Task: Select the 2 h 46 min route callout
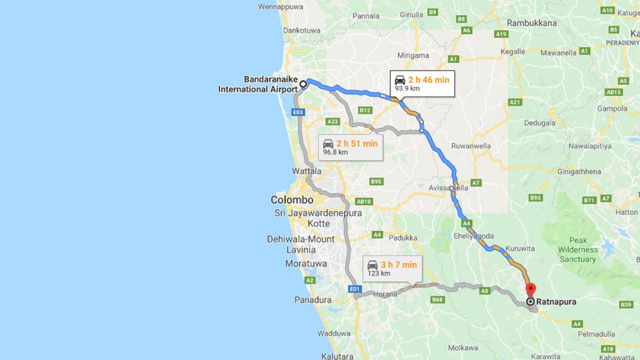click(x=422, y=83)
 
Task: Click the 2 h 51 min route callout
click(x=350, y=147)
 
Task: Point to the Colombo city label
click(x=292, y=200)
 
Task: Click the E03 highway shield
click(x=298, y=112)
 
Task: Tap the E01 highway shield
click(x=354, y=289)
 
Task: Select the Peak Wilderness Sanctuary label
click(x=577, y=249)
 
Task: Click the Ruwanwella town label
click(x=470, y=146)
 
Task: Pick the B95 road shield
click(x=376, y=181)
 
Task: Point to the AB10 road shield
click(x=364, y=201)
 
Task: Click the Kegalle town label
click(x=512, y=51)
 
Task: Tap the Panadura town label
click(x=313, y=300)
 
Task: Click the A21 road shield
click(x=515, y=102)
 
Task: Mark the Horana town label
click(x=385, y=294)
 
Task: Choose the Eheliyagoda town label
click(x=473, y=236)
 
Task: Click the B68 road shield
click(x=437, y=299)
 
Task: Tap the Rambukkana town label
click(x=531, y=23)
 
